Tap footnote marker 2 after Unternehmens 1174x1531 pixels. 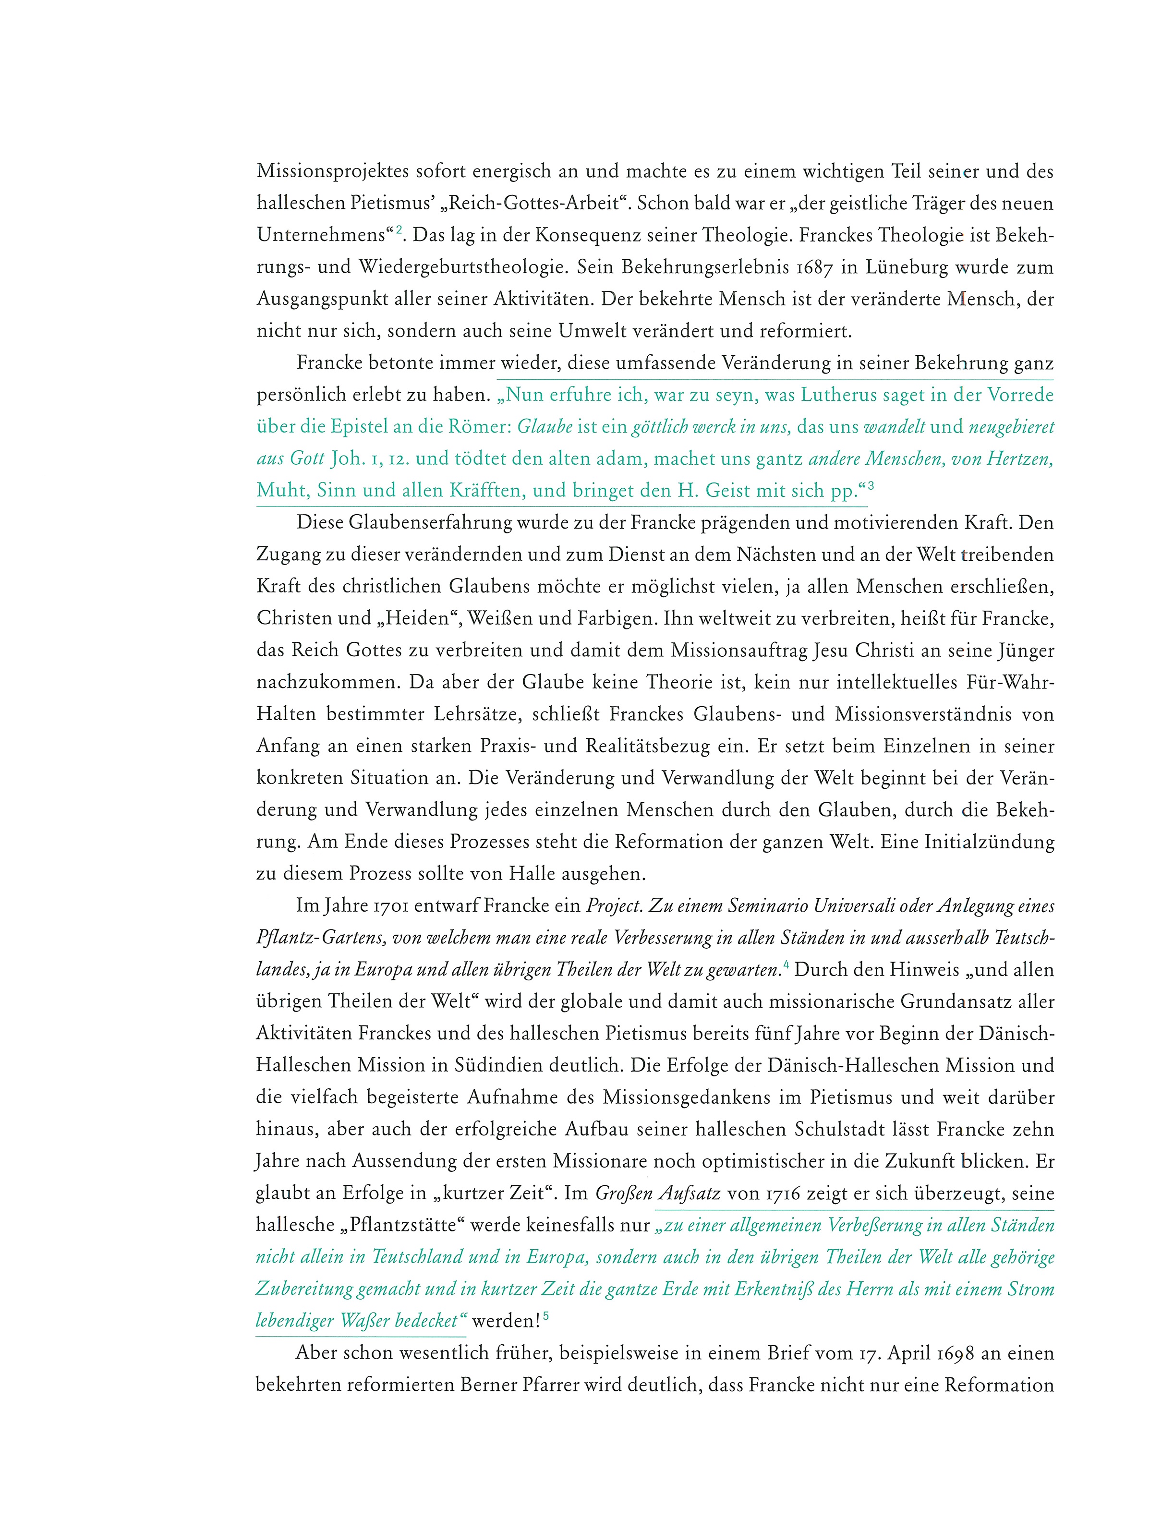[399, 229]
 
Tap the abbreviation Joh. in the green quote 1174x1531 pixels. [347, 459]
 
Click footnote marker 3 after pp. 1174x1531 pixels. [871, 485]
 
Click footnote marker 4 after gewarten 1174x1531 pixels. [786, 965]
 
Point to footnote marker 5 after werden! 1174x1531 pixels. [546, 1316]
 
